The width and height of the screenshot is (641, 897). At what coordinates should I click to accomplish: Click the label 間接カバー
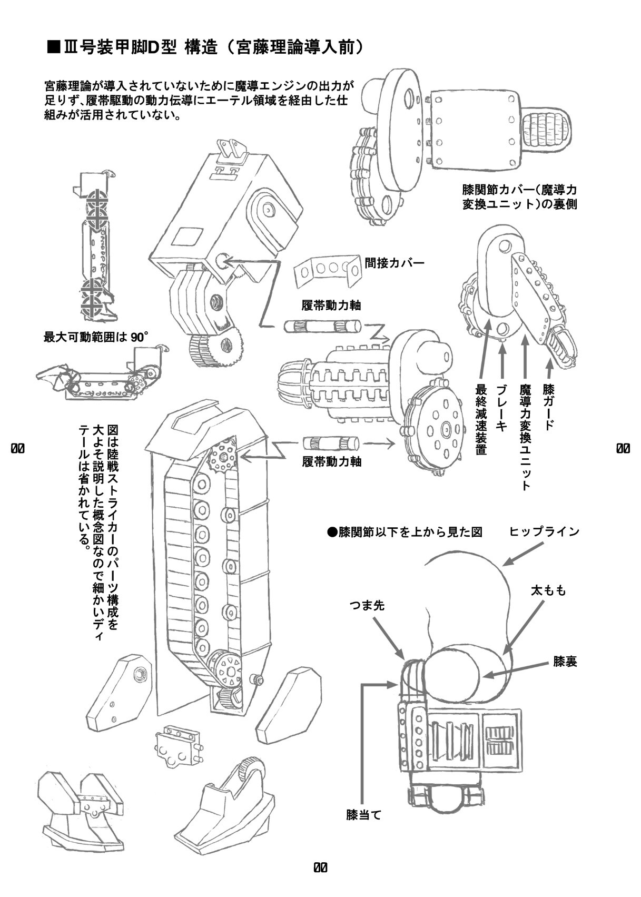point(394,262)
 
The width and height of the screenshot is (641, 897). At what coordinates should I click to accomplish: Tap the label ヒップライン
point(544,531)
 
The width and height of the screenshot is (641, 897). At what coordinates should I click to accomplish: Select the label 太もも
point(548,591)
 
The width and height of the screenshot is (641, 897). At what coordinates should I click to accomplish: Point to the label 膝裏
point(565,662)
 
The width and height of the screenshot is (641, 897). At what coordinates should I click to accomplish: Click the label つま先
point(367,606)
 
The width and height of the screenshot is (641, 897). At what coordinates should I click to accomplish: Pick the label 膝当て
point(363,815)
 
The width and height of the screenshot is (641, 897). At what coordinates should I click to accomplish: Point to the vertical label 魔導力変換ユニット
point(525,437)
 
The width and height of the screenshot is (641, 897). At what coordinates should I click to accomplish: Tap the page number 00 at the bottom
point(320,867)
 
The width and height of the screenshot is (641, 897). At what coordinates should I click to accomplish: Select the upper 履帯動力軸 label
point(331,305)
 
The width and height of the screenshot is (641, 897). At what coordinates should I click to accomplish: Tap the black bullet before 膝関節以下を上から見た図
point(332,533)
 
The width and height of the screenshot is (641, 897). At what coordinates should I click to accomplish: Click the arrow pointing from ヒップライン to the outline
point(523,554)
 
